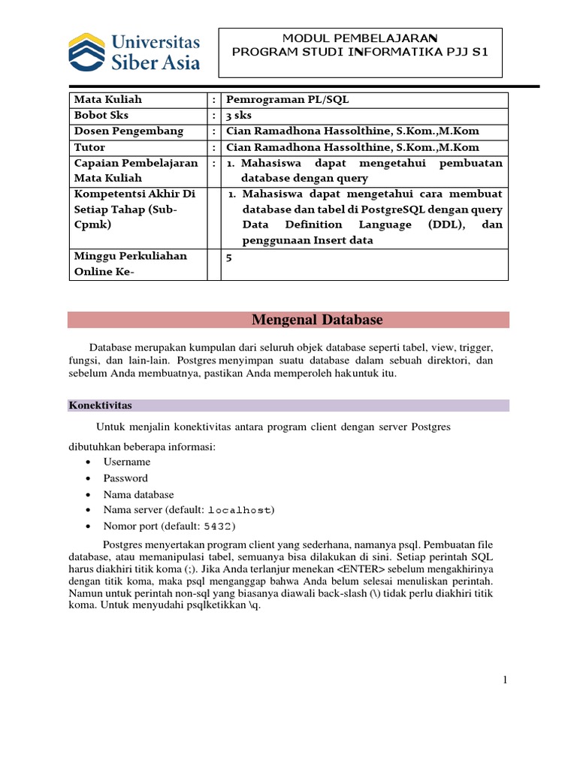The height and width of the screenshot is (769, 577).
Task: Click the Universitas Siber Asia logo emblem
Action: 85,50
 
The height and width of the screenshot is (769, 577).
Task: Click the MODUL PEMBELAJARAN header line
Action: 360,38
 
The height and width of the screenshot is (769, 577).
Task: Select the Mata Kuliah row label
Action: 107,99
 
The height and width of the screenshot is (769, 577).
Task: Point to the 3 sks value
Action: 240,115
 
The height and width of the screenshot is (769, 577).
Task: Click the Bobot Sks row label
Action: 103,115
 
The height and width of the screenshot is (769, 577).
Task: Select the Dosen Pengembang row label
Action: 128,131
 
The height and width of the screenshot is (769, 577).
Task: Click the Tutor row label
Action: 89,147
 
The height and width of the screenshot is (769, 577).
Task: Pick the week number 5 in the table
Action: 228,257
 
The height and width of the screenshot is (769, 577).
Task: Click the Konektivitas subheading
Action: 100,406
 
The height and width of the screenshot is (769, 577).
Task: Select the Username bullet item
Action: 127,462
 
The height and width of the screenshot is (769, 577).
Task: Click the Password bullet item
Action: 125,478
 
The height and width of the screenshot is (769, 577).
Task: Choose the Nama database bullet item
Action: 138,495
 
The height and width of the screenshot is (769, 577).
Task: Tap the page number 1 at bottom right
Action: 506,680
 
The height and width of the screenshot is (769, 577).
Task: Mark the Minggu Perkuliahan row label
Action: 130,256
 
